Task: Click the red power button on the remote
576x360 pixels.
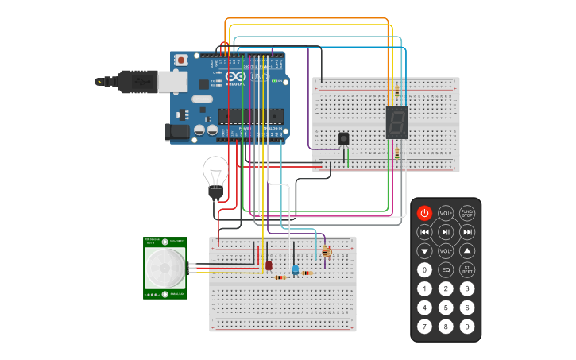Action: [x=424, y=213]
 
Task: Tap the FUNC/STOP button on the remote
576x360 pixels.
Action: [x=467, y=213]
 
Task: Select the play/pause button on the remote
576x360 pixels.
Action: [x=446, y=232]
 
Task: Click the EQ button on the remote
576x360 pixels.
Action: [x=446, y=270]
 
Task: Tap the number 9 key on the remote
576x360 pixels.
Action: [x=467, y=326]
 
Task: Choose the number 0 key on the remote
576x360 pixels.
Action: [x=424, y=270]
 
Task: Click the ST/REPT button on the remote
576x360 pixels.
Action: [x=467, y=270]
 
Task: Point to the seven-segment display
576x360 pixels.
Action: [x=396, y=122]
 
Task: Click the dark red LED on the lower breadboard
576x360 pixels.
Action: [x=269, y=265]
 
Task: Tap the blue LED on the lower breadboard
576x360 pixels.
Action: [x=296, y=269]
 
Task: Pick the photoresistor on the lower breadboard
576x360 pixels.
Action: [x=326, y=252]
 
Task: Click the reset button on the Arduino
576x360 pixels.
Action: [x=182, y=60]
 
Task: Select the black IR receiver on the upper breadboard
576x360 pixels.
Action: [x=343, y=139]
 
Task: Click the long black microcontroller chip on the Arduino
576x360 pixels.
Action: [x=250, y=116]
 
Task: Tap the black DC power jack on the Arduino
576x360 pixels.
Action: [x=176, y=132]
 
